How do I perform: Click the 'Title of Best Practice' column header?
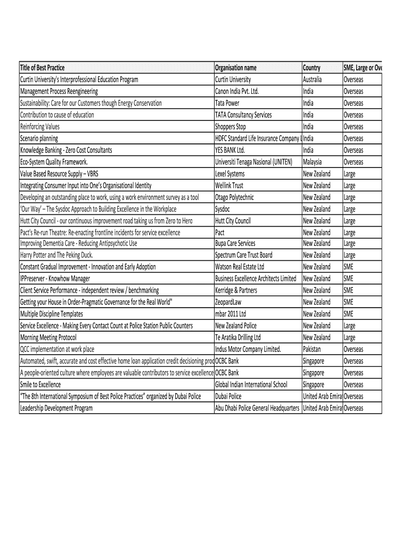[43, 68]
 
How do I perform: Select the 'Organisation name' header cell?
[236, 68]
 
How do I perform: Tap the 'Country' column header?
[311, 68]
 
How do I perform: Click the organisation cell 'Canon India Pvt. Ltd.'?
[237, 91]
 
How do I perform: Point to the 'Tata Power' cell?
[227, 103]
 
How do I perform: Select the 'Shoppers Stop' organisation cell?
[231, 126]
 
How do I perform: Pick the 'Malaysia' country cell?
[313, 162]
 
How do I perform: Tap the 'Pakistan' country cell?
[313, 349]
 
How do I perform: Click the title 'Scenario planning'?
[39, 138]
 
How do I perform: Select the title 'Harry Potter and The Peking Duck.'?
[57, 255]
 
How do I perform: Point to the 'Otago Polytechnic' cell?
[234, 197]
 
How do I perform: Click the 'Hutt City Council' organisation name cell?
[233, 221]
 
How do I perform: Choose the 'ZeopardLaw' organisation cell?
[229, 302]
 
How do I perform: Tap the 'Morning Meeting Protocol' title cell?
[48, 338]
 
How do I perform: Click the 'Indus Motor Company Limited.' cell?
[248, 349]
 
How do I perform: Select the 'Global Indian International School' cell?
[251, 384]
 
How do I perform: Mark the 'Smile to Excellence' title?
[40, 384]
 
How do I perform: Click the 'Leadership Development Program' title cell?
[56, 408]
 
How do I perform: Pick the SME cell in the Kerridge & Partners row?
[348, 290]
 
